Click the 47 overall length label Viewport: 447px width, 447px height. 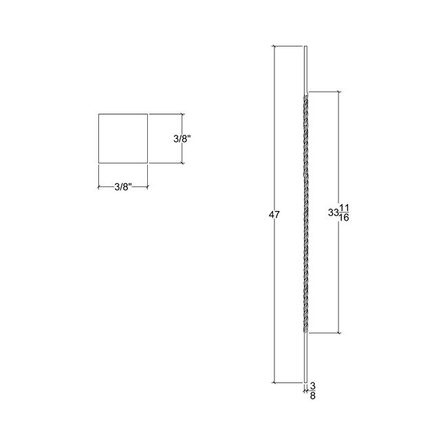click(274, 215)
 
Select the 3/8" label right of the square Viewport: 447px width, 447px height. click(182, 138)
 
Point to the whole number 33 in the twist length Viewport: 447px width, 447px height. click(334, 213)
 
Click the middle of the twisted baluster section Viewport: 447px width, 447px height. click(305, 213)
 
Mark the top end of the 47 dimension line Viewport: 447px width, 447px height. click(274, 46)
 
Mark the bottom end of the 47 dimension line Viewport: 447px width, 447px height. click(274, 382)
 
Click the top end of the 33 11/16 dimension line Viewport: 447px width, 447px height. click(337, 91)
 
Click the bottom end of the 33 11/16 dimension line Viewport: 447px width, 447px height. click(337, 334)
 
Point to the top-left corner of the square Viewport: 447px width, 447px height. click(98, 113)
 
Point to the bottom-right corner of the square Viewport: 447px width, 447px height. click(148, 164)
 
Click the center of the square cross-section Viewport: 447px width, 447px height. click(123, 138)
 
